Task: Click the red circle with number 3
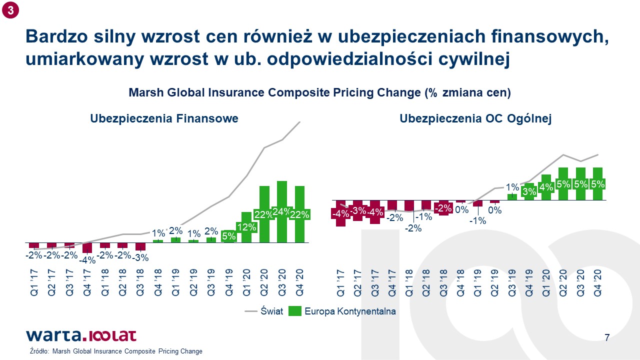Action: click(x=10, y=10)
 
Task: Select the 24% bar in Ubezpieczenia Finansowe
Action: click(x=282, y=211)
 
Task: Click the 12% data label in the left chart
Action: click(x=246, y=227)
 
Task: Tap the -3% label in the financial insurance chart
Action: click(x=140, y=257)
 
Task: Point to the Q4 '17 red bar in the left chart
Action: click(x=87, y=247)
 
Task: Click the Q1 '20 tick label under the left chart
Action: click(x=246, y=282)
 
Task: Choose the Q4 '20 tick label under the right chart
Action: click(x=597, y=283)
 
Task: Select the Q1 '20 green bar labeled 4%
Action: click(x=546, y=187)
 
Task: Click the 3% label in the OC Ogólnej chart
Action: click(x=529, y=191)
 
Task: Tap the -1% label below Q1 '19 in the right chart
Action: click(x=477, y=220)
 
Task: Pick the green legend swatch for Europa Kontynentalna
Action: click(x=295, y=311)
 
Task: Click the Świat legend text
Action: click(x=271, y=311)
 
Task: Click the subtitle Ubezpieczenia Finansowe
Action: click(x=164, y=118)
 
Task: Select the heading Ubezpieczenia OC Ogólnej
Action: click(x=475, y=118)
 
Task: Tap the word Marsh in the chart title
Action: click(x=146, y=92)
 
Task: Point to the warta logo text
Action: click(x=53, y=335)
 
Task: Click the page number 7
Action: click(x=607, y=337)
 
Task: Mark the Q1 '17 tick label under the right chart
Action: click(x=340, y=283)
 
